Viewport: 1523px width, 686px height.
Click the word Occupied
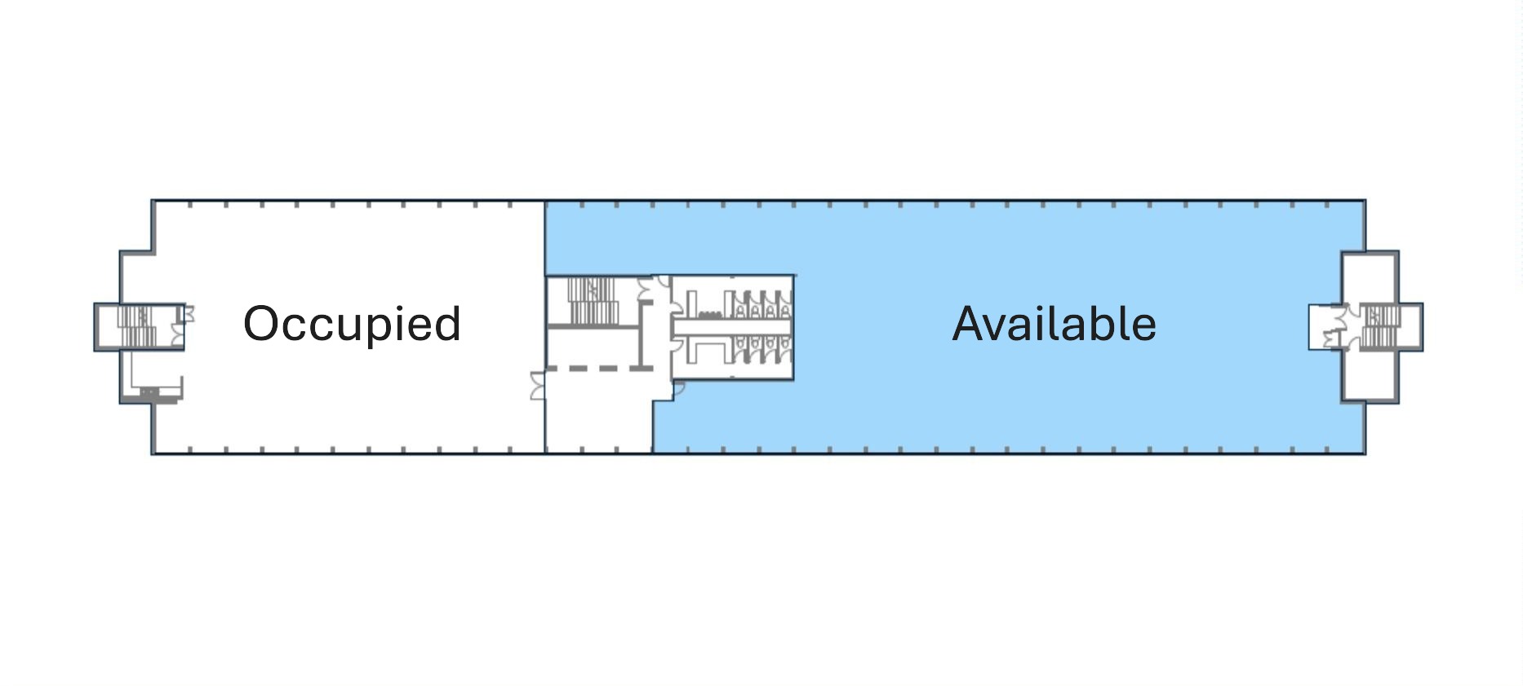click(353, 325)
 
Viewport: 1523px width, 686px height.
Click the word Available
click(1055, 324)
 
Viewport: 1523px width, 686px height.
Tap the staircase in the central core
click(592, 301)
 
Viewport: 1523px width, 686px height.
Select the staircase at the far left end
click(137, 326)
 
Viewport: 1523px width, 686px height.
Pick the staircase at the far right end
click(1379, 326)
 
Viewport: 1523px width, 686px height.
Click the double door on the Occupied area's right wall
click(537, 386)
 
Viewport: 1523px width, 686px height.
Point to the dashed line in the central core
click(598, 369)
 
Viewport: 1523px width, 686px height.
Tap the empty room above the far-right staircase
click(1370, 277)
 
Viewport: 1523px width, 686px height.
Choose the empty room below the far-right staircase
click(1370, 374)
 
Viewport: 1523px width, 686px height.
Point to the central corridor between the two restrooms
click(731, 328)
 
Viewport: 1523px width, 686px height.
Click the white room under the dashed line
click(598, 412)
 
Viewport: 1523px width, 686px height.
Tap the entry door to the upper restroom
click(677, 303)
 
